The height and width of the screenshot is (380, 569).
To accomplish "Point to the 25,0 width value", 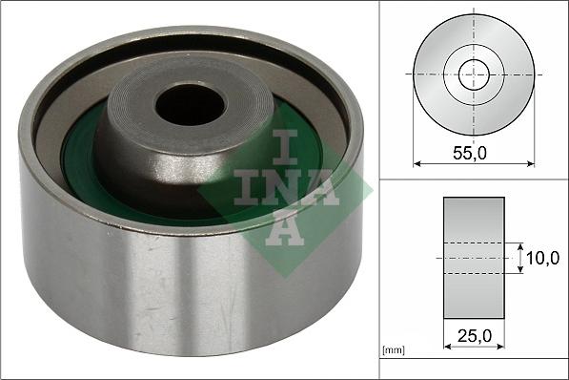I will pyautogui.click(x=474, y=337).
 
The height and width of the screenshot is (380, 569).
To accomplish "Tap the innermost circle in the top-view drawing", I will pyautogui.click(x=474, y=74).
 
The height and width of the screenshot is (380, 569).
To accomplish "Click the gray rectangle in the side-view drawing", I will pyautogui.click(x=474, y=258).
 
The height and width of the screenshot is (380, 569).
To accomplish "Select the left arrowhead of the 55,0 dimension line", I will pyautogui.click(x=417, y=163).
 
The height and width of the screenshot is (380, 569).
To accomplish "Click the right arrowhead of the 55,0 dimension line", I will pyautogui.click(x=531, y=163).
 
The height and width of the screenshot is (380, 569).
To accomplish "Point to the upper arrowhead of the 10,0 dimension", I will pyautogui.click(x=521, y=244).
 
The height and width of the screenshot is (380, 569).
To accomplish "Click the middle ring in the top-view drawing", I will pyautogui.click(x=496, y=74).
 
